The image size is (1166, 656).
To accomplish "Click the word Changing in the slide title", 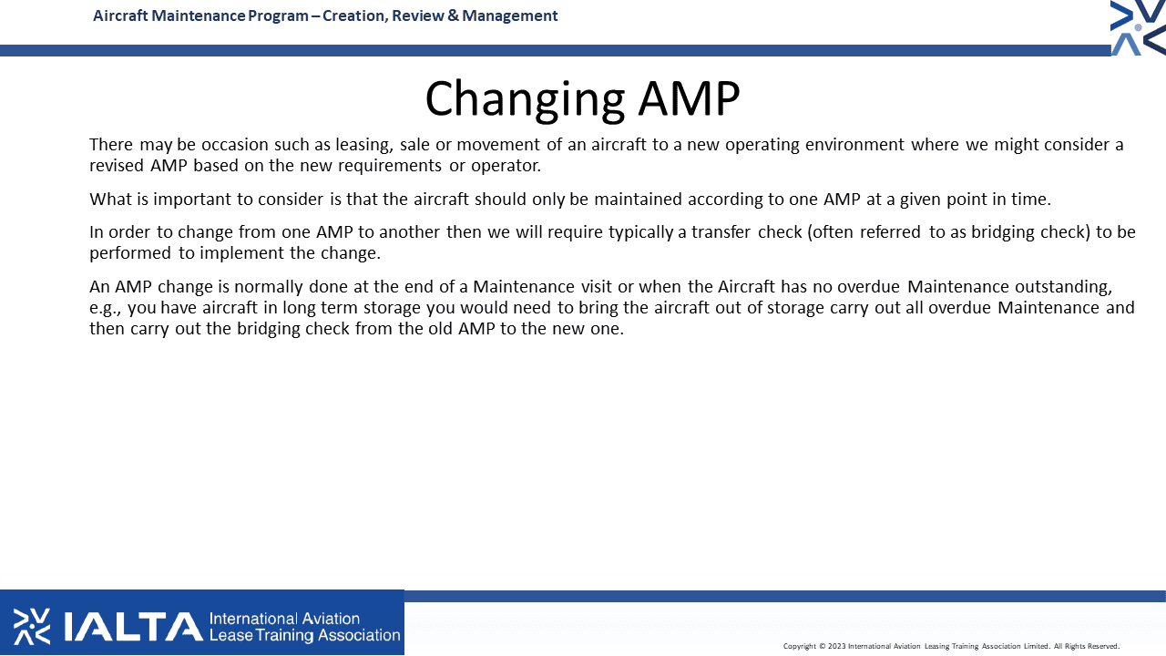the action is (525, 100).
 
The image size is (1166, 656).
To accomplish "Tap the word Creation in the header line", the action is (354, 16).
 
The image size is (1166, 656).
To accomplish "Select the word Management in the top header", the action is (509, 16).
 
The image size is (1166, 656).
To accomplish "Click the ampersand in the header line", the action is (453, 15).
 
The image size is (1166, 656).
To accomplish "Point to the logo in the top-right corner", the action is (1138, 27).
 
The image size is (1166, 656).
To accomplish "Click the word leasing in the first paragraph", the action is (363, 145).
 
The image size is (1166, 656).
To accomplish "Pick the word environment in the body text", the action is (854, 144).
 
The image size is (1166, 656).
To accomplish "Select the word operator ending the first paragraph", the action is (506, 166).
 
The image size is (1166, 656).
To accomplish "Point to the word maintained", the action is (638, 199).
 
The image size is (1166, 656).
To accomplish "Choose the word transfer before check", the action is (721, 231).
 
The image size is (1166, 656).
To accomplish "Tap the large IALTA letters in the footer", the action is (133, 626).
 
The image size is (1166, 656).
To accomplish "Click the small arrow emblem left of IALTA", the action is (32, 626).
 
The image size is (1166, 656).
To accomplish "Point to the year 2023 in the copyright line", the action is (836, 646).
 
